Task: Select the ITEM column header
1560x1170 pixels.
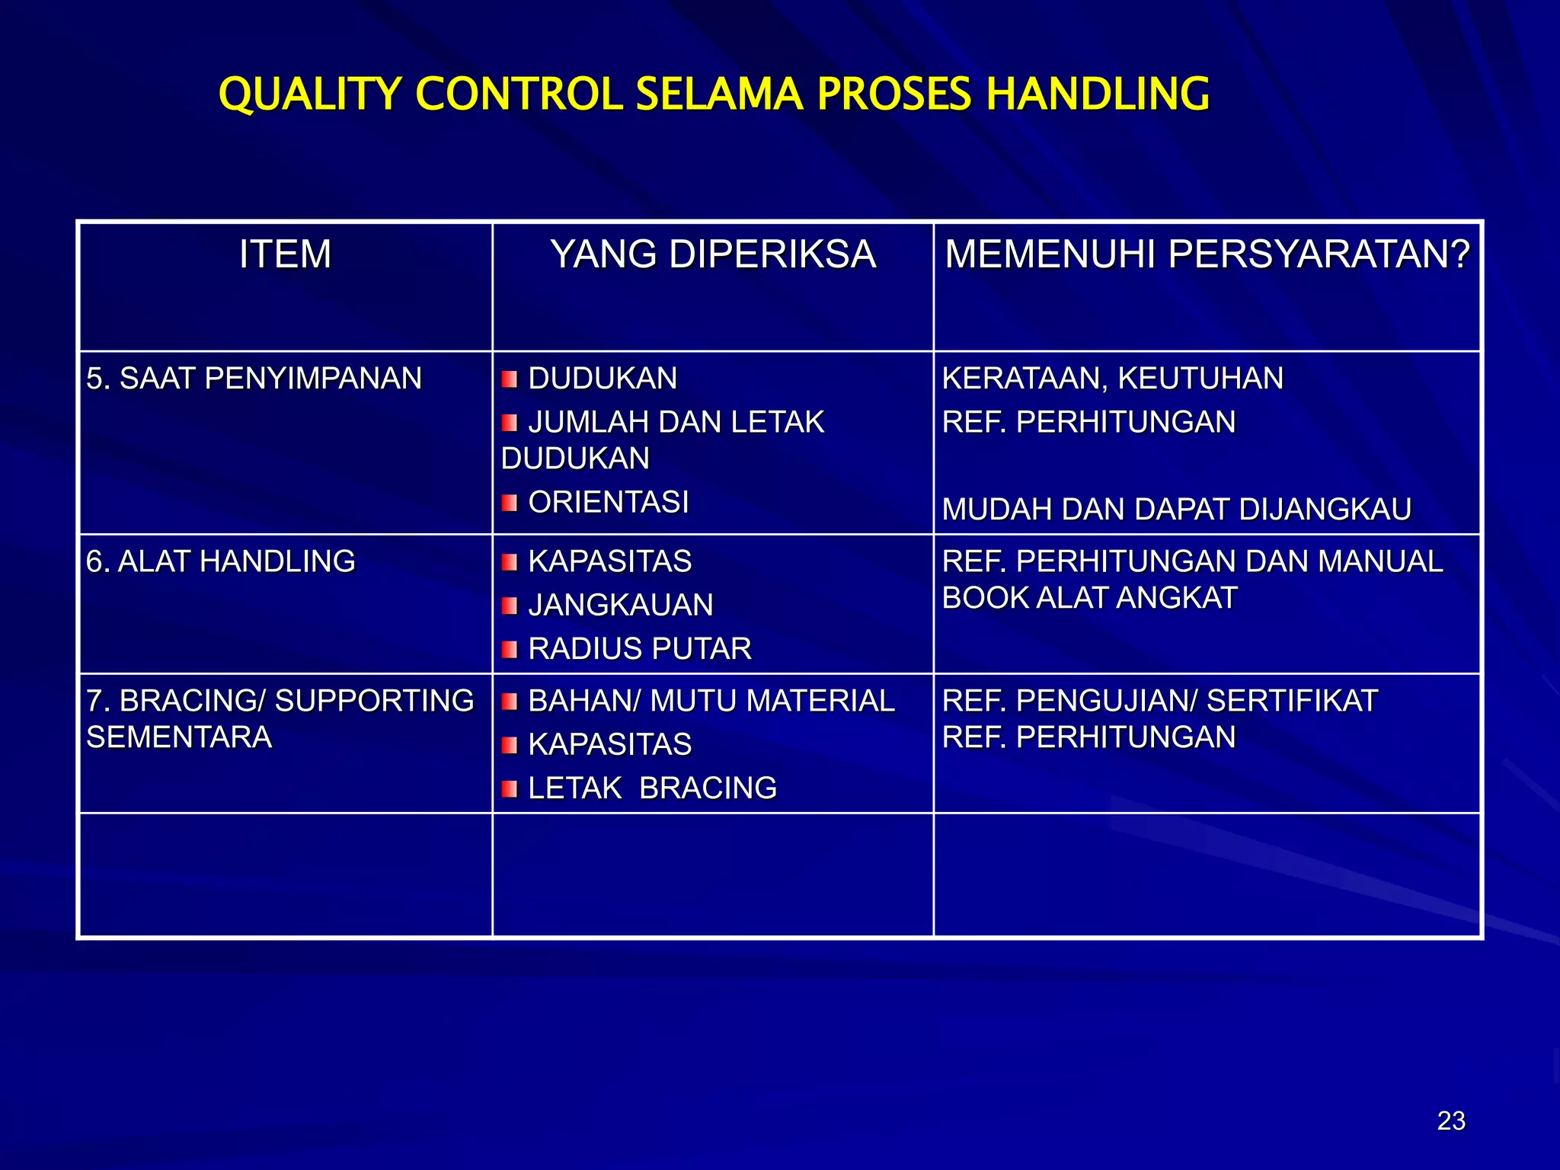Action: tap(285, 254)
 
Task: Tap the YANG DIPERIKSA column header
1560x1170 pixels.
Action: tap(713, 254)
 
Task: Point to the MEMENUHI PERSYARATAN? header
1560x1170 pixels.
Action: tap(1207, 254)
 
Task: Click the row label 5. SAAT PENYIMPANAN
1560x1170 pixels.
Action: tap(254, 379)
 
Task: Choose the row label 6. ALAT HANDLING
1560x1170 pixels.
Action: tap(221, 561)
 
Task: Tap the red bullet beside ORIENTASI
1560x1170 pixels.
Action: tap(510, 503)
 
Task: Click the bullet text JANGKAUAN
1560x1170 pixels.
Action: tap(620, 606)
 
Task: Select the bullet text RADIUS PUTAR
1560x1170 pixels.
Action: tap(639, 649)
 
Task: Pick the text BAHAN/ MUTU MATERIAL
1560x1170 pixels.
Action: tap(711, 701)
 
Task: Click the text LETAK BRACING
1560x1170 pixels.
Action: tap(652, 788)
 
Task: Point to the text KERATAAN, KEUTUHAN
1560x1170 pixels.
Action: tap(1112, 379)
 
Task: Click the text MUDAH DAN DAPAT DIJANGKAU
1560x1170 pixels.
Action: tap(1176, 510)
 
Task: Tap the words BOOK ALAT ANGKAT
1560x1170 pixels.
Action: tap(1089, 598)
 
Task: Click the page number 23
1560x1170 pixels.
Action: tap(1451, 1121)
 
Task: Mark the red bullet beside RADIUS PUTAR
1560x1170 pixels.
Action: tap(510, 650)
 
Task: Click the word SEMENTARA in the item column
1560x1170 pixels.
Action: tap(179, 737)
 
